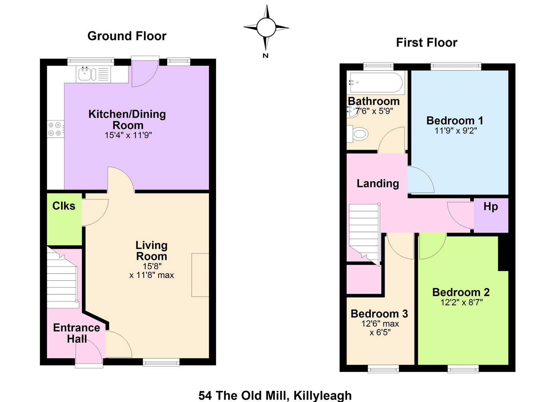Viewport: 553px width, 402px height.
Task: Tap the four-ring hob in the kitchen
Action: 55,129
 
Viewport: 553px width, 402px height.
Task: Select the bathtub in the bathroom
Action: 376,83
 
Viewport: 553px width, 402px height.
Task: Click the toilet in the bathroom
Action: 358,134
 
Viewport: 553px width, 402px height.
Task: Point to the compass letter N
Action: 266,55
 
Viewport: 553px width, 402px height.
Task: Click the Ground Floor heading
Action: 127,36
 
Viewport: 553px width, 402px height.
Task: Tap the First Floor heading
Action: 427,42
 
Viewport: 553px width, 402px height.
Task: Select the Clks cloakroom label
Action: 64,206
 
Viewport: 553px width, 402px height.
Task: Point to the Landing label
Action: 378,184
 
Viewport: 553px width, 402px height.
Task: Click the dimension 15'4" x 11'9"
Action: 128,135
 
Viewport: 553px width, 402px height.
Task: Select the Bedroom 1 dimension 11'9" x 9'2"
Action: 455,130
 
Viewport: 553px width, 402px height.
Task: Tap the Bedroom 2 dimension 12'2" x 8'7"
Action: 461,302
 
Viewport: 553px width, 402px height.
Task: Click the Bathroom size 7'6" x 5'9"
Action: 374,111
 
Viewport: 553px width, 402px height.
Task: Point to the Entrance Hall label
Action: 77,333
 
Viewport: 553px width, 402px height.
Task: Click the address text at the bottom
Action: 275,396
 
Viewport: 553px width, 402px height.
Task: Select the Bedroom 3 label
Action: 379,314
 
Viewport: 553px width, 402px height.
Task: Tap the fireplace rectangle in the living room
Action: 200,275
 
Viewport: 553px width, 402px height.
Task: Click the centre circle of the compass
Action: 266,28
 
